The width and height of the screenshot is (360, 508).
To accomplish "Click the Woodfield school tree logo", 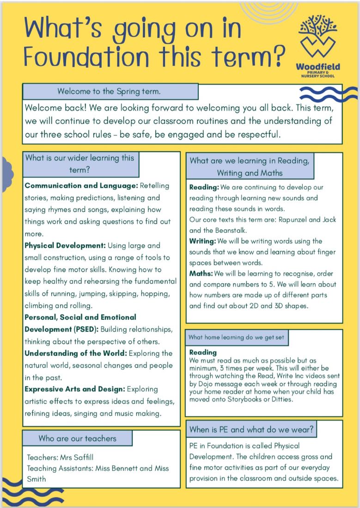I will pyautogui.click(x=317, y=37).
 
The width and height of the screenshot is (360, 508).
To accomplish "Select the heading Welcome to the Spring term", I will pyautogui.click(x=109, y=92).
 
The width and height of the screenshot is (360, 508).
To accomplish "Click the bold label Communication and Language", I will pyautogui.click(x=81, y=186).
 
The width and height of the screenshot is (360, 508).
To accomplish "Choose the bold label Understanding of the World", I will pyautogui.click(x=75, y=354).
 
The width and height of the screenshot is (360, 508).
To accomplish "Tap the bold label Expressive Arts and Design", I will pyautogui.click(x=74, y=389).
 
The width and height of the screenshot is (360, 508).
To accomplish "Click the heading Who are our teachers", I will pyautogui.click(x=77, y=438).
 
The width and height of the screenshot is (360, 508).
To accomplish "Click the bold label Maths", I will pyautogui.click(x=201, y=274).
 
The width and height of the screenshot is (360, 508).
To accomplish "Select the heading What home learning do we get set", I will pyautogui.click(x=236, y=337).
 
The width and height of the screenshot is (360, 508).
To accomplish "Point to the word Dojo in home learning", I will pyautogui.click(x=207, y=385).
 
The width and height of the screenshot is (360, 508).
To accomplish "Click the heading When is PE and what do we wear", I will pyautogui.click(x=251, y=429).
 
